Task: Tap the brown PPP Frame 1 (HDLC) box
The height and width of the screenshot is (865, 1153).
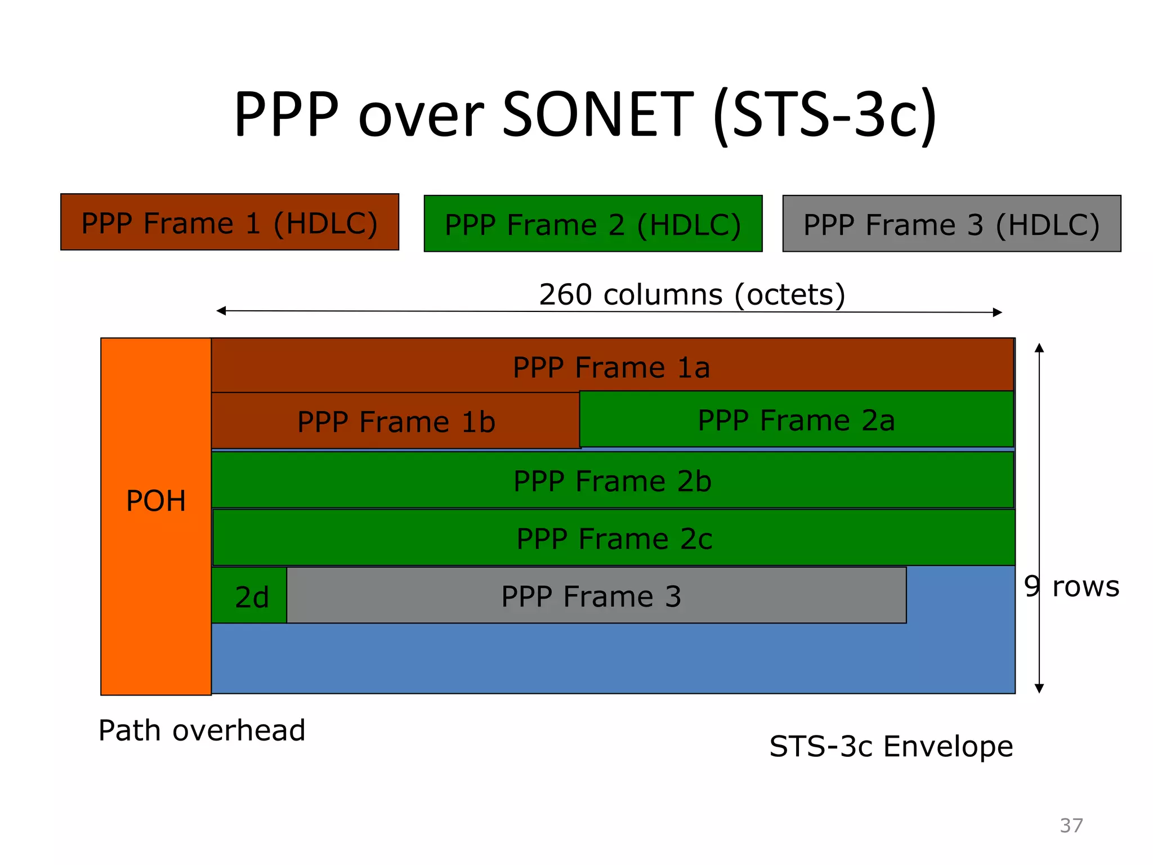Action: point(230,222)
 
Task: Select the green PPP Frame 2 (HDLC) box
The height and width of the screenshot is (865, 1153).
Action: point(593,224)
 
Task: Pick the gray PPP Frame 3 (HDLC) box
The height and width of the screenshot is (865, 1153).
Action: point(951,224)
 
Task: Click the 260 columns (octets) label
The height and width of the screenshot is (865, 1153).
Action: point(692,295)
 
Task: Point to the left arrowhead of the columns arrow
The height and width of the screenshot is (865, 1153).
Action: point(221,311)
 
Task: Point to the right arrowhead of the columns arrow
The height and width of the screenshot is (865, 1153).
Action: point(998,313)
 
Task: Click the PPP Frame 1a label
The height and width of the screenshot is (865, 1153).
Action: point(611,368)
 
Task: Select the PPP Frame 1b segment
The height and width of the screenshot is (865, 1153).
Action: point(396,422)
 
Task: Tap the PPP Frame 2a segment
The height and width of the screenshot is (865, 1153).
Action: point(796,420)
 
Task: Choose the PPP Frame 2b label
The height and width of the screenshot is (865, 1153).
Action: point(613,481)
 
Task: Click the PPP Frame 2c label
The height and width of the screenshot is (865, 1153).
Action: point(614,539)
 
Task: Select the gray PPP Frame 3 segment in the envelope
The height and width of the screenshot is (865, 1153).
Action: point(591,596)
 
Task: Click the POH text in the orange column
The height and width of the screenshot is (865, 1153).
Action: point(156,501)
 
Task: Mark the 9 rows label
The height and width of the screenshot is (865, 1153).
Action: point(1071,586)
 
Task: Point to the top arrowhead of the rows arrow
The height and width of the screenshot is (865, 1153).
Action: point(1039,347)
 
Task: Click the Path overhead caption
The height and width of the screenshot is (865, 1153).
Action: point(202,730)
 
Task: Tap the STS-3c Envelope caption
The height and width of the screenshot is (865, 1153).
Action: point(891,747)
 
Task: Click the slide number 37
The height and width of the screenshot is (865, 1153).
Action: point(1071,826)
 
